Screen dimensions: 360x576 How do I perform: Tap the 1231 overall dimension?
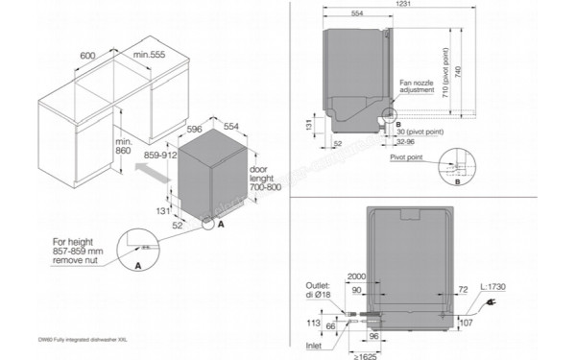coord(434,9)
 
